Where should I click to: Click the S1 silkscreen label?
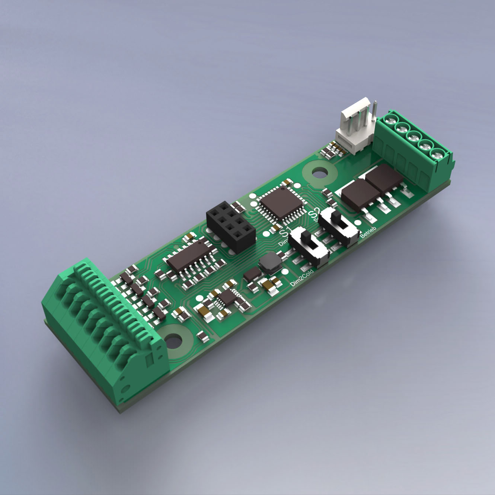[284, 233]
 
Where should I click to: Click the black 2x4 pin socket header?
[230, 225]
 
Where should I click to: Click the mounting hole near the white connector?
[319, 172]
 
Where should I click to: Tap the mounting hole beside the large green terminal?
[174, 340]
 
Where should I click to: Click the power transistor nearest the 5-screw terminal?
[384, 178]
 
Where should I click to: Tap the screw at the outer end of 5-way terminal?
[437, 153]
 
